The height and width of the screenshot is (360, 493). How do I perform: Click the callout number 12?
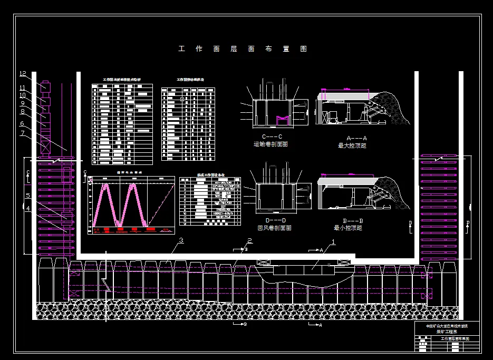click(x=23, y=74)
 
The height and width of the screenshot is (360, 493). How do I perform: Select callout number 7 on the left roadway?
click(x=23, y=133)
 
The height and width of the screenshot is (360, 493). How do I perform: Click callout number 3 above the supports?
click(x=181, y=241)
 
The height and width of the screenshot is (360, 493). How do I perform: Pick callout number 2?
click(x=249, y=241)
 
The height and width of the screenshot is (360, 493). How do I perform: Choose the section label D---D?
click(x=273, y=220)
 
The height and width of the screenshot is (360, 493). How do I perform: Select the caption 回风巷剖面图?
click(x=274, y=228)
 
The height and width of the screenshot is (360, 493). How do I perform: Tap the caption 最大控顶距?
click(x=352, y=145)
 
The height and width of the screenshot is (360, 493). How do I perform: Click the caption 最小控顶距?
click(x=348, y=228)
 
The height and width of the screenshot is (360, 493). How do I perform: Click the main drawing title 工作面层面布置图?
click(x=243, y=49)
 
